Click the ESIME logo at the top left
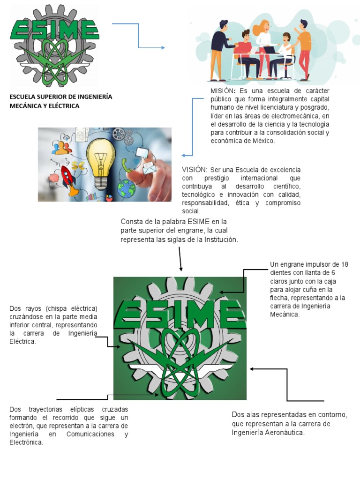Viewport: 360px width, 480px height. [55, 45]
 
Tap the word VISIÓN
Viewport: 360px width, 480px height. [194, 170]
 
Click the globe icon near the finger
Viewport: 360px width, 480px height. [127, 188]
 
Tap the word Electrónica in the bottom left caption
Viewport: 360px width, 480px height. [26, 442]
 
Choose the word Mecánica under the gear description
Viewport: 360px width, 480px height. [284, 315]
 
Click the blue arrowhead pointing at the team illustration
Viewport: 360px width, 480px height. [163, 47]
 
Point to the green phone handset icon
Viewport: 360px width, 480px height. [126, 164]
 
